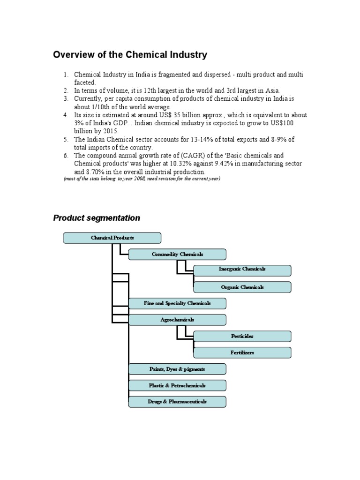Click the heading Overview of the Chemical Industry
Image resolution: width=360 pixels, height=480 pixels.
coord(130,55)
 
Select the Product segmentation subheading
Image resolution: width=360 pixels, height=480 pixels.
coord(97,218)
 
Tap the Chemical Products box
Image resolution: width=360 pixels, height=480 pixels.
coord(112,238)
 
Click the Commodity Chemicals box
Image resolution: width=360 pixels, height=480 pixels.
coord(177,255)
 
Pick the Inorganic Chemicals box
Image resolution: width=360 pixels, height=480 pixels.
coord(242,270)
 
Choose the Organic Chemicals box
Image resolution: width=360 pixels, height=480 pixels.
coord(242,287)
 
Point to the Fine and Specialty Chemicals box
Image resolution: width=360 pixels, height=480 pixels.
coord(177,303)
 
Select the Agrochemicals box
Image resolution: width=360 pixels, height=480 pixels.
coord(177,320)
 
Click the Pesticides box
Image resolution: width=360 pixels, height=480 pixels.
coord(242,336)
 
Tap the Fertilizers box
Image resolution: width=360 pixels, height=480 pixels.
coord(242,352)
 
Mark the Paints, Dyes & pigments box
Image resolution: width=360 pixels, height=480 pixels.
coord(177,369)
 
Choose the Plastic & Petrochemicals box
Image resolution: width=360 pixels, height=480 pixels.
coord(177,385)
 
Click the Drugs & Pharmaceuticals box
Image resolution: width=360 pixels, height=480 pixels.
coord(177,402)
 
